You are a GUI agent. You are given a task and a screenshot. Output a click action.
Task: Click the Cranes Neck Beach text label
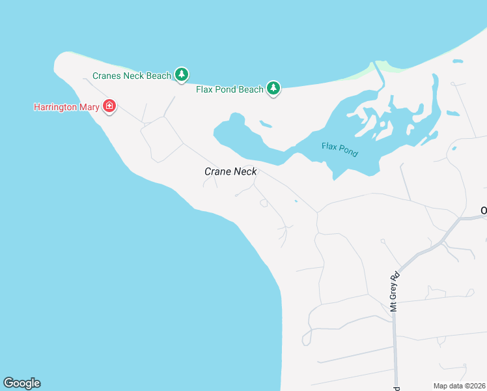tap(132, 76)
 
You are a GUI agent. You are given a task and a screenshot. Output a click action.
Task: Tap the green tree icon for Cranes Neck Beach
tap(182, 76)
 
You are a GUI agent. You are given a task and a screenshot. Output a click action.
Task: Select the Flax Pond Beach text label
tap(229, 89)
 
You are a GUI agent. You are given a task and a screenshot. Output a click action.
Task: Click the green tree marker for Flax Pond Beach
tap(273, 89)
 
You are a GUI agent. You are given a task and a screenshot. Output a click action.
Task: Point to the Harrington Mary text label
tap(66, 106)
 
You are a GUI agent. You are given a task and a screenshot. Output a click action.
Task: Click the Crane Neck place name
tap(230, 171)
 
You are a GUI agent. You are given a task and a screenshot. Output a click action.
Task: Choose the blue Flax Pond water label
tap(340, 150)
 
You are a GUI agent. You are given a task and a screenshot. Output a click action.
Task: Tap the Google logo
tap(21, 383)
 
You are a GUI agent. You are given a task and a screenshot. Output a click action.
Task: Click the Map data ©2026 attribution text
tap(460, 386)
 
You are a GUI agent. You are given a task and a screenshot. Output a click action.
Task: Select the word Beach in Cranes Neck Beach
tap(158, 76)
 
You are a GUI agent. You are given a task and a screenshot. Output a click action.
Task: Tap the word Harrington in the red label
tap(55, 106)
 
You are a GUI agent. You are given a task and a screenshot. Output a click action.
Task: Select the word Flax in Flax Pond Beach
tap(205, 89)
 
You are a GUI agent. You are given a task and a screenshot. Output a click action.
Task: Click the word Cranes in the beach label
tap(106, 76)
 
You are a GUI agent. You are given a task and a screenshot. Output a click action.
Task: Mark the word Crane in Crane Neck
tap(218, 171)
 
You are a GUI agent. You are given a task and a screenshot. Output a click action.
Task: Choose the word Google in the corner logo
tap(21, 383)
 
